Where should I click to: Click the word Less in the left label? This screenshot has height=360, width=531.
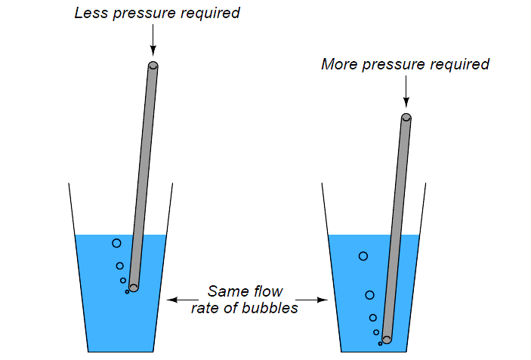click(x=91, y=14)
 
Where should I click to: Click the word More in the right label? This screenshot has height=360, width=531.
click(x=338, y=65)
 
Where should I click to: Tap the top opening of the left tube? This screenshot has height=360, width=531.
click(x=153, y=66)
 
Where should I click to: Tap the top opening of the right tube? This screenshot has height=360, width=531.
click(x=406, y=117)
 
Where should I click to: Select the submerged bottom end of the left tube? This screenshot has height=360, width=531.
click(x=134, y=287)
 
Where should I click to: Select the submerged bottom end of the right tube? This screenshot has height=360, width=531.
click(x=387, y=340)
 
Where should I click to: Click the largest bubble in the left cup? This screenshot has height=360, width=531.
click(x=116, y=243)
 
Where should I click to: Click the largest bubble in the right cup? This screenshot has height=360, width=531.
click(x=363, y=256)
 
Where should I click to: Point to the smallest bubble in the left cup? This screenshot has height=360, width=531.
click(x=127, y=291)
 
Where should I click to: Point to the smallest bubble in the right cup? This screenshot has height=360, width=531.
click(x=380, y=343)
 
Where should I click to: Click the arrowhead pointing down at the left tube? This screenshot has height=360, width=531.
click(x=153, y=47)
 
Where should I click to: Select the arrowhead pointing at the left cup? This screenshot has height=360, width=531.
click(x=171, y=300)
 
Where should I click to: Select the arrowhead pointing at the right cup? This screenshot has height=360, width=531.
click(x=323, y=300)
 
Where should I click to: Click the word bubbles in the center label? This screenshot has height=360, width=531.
click(x=272, y=308)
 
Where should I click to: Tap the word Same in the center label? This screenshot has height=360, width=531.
click(x=225, y=291)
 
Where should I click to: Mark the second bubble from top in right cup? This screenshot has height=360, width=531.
click(x=369, y=294)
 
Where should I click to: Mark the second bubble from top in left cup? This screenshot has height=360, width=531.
click(x=119, y=266)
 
